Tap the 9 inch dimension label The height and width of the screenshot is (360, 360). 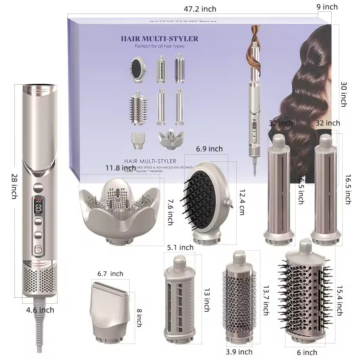[327, 7]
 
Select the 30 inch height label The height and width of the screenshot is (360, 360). [343, 94]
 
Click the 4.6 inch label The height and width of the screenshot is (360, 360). [40, 310]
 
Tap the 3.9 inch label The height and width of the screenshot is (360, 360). [239, 352]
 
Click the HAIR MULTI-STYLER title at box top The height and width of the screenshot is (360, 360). [159, 39]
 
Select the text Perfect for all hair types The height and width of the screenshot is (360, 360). [160, 46]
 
